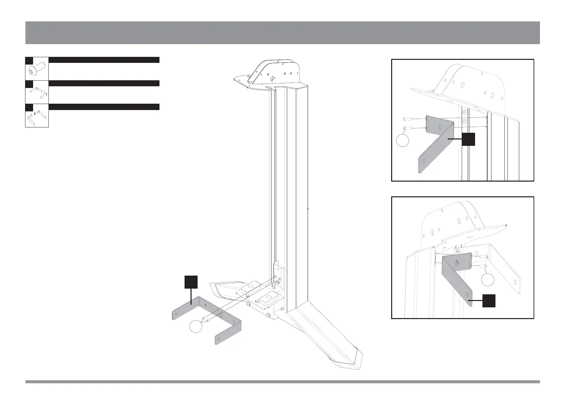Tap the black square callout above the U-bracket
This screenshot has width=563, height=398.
pos(191,282)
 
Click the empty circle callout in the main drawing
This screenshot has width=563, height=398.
pos(196,326)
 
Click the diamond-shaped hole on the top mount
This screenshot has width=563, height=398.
pos(272,78)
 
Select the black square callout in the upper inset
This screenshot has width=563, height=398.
pos(468,139)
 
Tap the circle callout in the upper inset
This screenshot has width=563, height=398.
pos(403,140)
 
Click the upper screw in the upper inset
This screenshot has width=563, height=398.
pos(407,118)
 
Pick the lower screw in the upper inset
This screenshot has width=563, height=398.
pos(407,128)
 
